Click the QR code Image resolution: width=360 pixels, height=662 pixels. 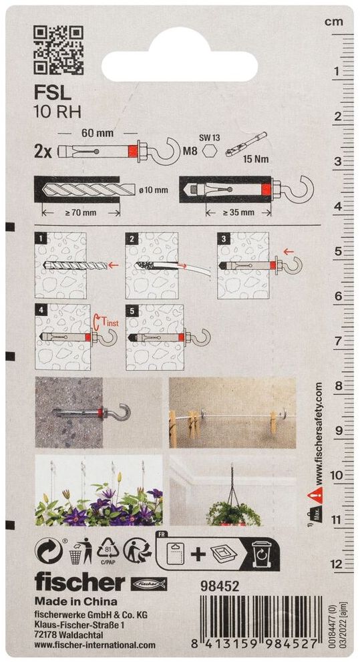coord(58,50)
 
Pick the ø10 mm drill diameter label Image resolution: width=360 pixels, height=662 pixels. coord(153,190)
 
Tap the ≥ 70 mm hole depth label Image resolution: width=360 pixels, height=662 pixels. coord(81,212)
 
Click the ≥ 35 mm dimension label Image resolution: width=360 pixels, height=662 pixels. coord(238,212)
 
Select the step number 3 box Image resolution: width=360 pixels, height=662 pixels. coord(222,238)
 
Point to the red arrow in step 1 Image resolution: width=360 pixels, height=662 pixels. coord(113,266)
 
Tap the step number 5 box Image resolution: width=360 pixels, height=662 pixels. coord(131,311)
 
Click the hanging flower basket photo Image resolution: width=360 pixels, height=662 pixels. coord(232,490)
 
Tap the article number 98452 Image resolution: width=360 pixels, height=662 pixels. coord(222,586)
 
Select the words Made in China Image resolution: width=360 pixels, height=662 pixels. coord(76,601)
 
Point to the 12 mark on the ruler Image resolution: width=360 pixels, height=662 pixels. coord(337,564)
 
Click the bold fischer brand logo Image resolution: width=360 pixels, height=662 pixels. coord(79,583)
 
